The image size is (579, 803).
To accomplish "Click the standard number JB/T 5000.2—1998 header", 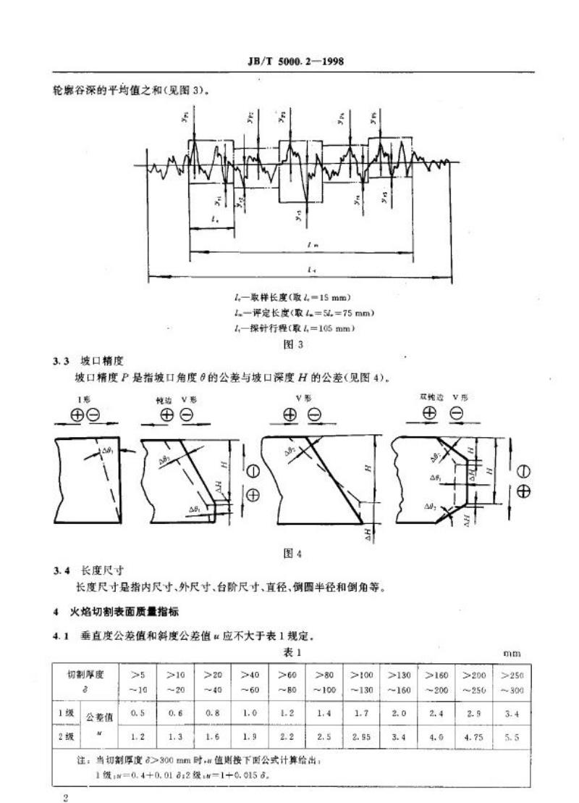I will (293, 61).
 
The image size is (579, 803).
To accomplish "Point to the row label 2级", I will (65, 737).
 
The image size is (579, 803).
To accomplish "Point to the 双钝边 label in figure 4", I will (430, 398).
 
